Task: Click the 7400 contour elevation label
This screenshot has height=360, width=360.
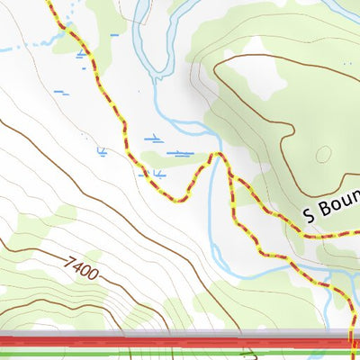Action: click(x=82, y=267)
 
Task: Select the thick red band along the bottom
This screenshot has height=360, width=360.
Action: click(x=180, y=343)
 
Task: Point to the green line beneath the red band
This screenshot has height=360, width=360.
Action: click(x=180, y=353)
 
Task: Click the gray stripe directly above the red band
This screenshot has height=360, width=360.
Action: click(x=180, y=334)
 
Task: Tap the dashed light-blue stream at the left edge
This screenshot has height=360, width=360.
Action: click(x=7, y=49)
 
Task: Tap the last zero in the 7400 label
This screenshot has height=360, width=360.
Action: click(x=94, y=274)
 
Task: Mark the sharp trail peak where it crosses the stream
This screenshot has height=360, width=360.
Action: click(x=214, y=155)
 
